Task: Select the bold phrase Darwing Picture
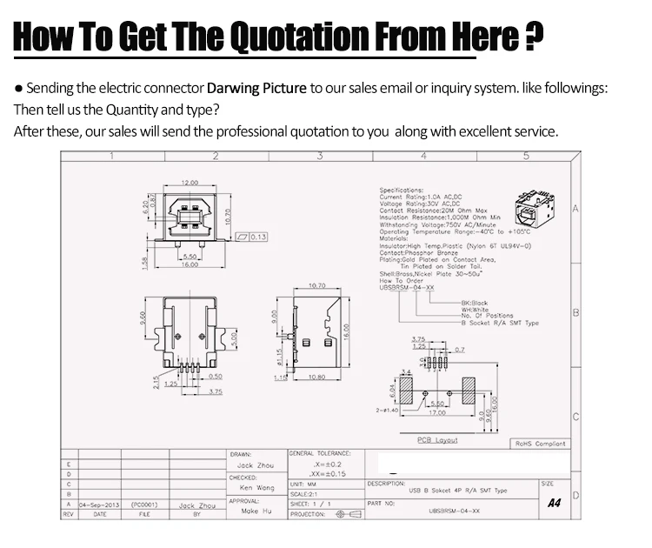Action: (x=256, y=89)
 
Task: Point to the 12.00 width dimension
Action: (x=190, y=183)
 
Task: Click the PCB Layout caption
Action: (x=436, y=441)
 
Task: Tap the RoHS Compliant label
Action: (x=540, y=444)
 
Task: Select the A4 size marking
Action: (x=555, y=503)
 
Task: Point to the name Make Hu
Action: (x=255, y=511)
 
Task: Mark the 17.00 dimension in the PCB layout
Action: (x=436, y=413)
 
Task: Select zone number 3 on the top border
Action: (x=319, y=157)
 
